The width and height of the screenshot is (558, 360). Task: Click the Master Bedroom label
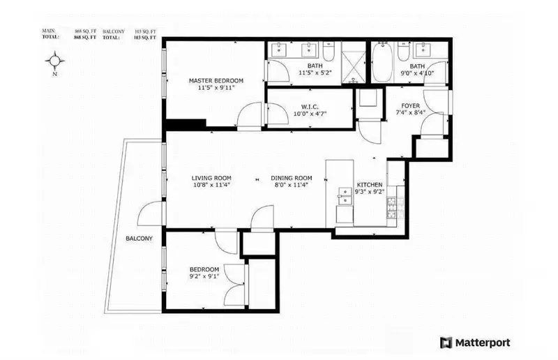(x=216, y=81)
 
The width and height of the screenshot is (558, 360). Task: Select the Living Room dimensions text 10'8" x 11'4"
(x=212, y=186)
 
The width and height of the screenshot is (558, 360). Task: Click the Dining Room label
(x=291, y=177)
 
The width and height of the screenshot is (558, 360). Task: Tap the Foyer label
(x=410, y=106)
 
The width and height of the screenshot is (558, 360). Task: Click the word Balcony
(x=139, y=239)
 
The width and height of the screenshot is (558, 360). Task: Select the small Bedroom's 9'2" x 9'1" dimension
(x=204, y=277)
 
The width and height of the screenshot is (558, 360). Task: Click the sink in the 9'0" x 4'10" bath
(x=423, y=50)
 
